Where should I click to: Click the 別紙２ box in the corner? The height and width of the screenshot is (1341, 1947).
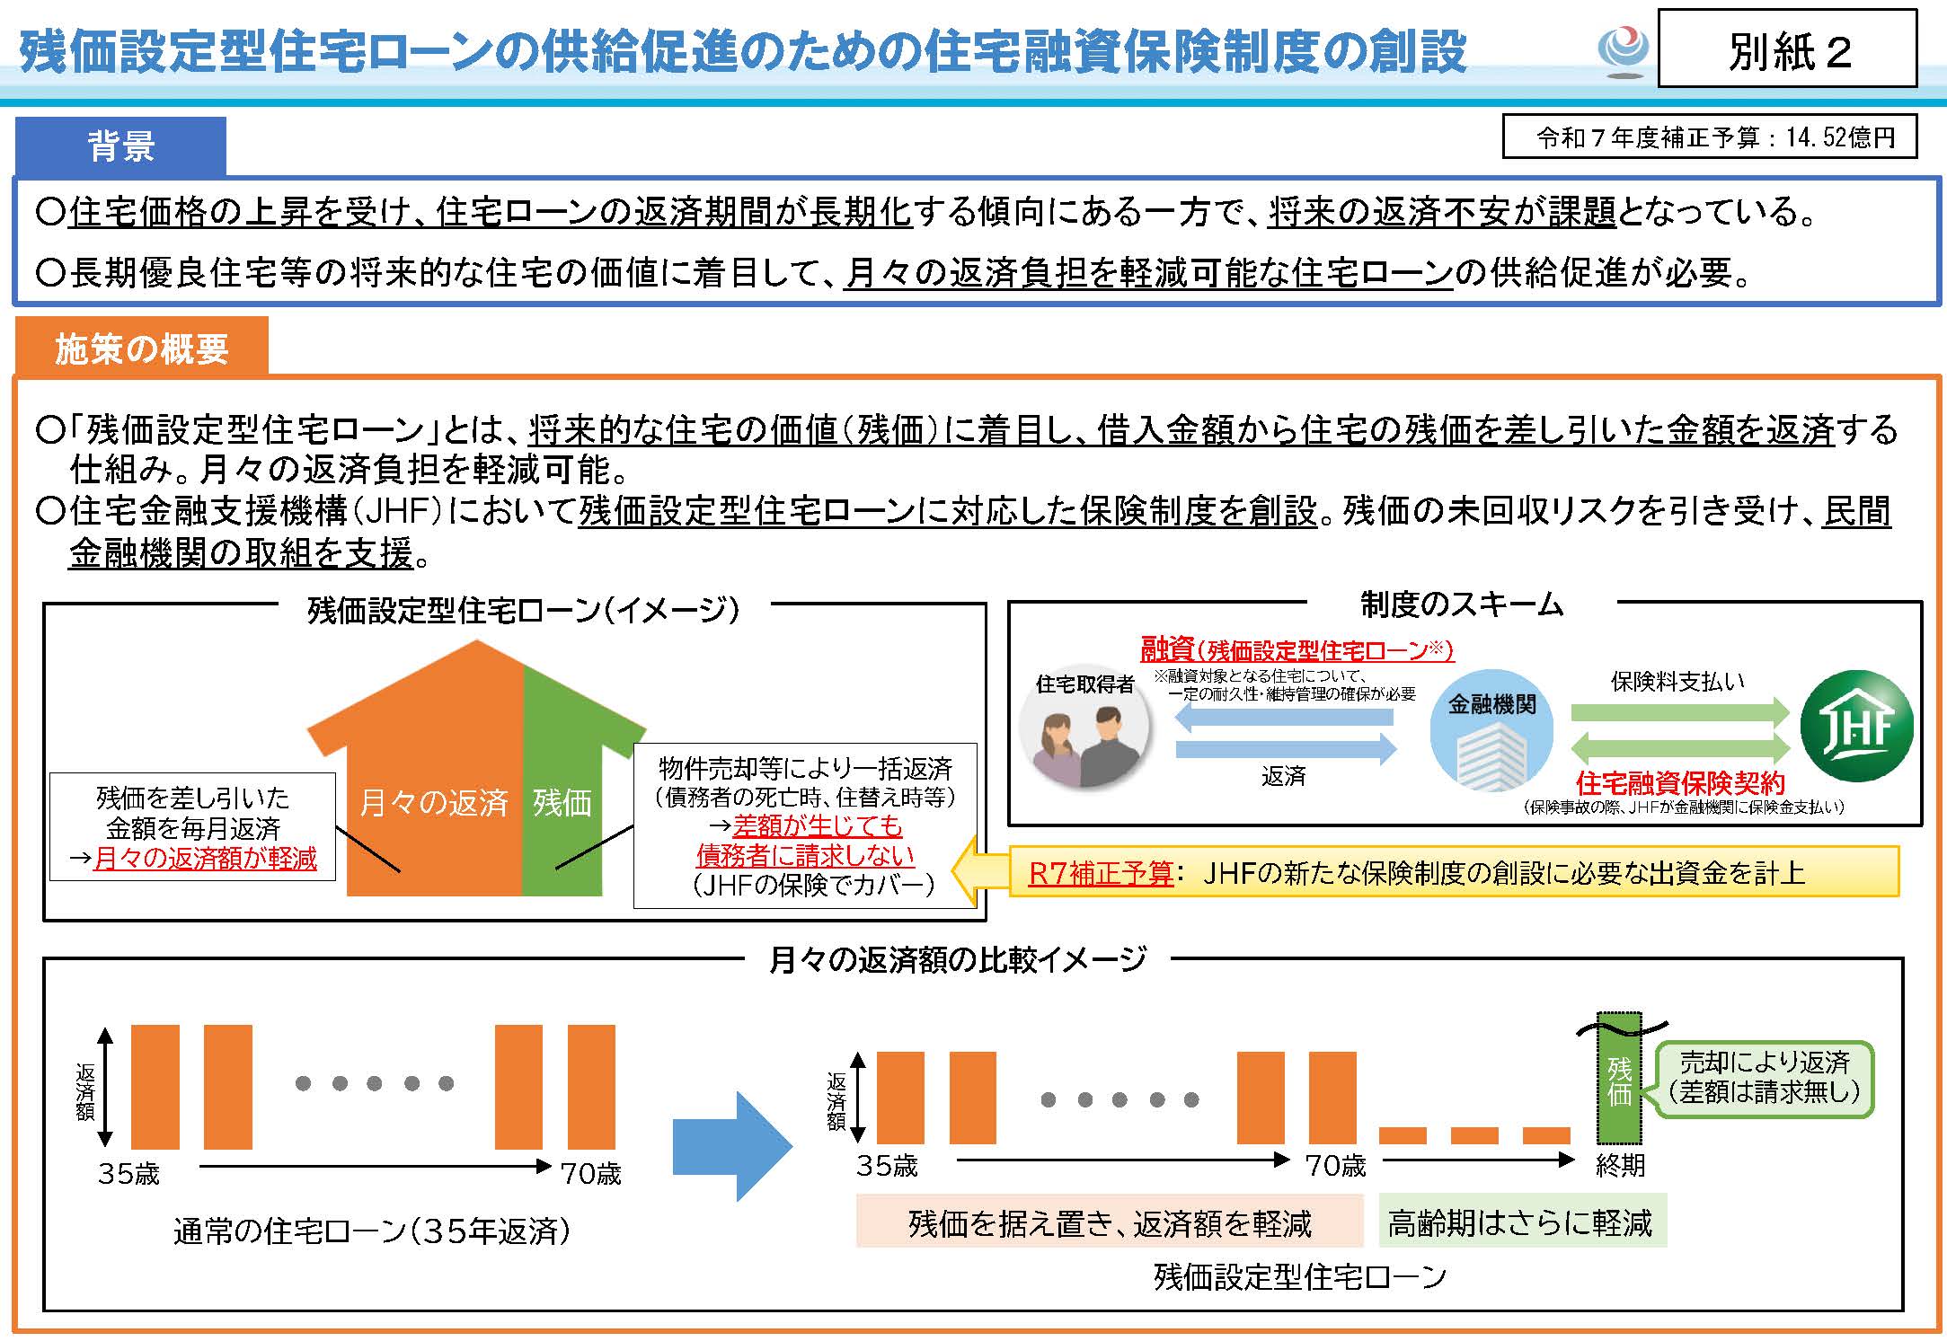[x=1786, y=50]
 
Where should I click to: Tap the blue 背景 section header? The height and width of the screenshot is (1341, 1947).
[x=120, y=146]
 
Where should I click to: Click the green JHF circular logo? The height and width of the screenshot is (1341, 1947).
[x=1857, y=726]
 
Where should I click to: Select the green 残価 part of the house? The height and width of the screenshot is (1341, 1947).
[x=562, y=801]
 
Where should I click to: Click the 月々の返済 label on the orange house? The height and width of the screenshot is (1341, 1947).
[x=434, y=801]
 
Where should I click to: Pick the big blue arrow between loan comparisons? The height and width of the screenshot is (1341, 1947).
[x=732, y=1145]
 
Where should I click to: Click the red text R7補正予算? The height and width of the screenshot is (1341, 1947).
[x=1101, y=873]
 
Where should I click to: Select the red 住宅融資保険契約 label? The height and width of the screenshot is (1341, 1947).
[x=1680, y=783]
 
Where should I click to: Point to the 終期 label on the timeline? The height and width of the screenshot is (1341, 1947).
[x=1620, y=1166]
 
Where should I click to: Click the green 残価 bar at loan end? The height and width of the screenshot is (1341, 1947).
[x=1619, y=1078]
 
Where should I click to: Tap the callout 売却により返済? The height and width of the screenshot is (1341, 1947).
[x=1765, y=1078]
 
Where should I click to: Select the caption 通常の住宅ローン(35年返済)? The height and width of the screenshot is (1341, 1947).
[x=372, y=1231]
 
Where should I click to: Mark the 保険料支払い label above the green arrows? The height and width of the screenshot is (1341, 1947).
[x=1677, y=681]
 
